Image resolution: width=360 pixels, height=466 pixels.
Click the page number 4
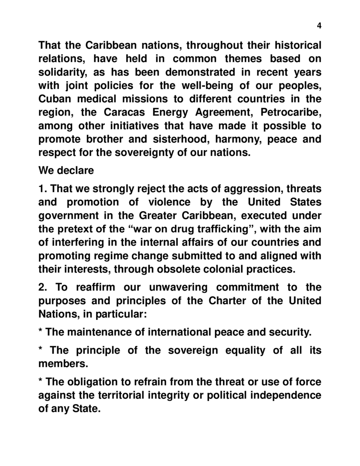coord(319,26)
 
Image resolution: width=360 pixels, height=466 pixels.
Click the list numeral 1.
coord(42,188)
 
